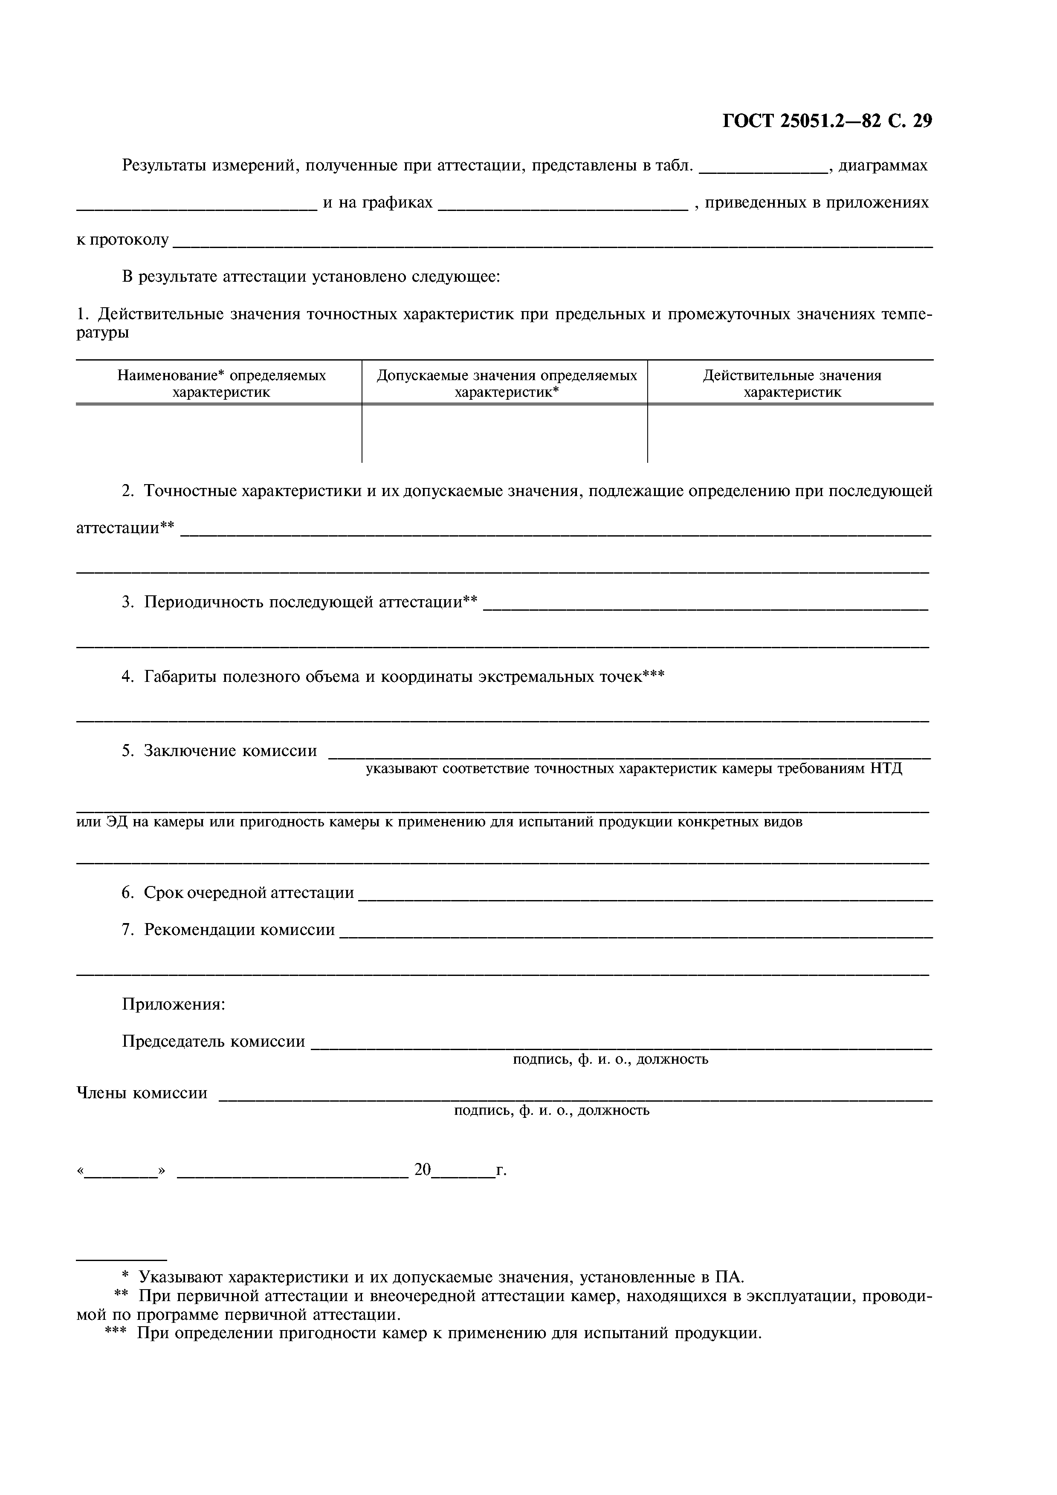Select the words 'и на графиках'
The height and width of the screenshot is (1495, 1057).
click(378, 202)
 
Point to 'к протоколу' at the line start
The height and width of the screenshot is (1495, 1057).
click(122, 240)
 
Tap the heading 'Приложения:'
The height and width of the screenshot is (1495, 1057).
click(173, 1004)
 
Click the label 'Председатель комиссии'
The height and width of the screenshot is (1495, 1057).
click(213, 1041)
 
